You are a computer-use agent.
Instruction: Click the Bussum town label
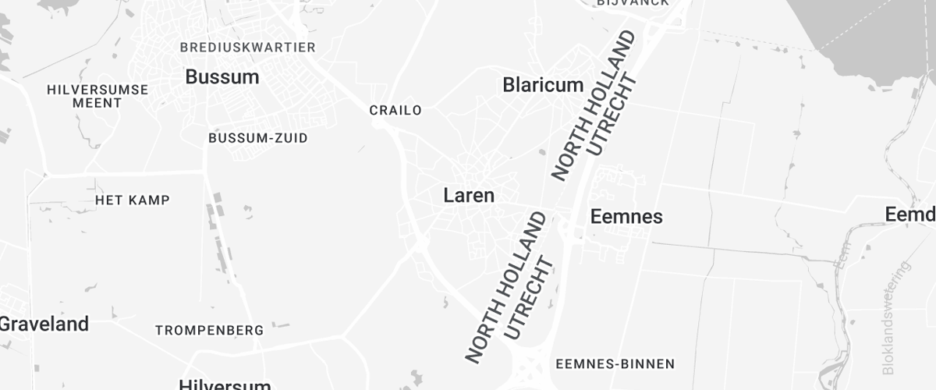(222, 76)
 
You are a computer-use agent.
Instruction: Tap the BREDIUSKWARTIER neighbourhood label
(247, 48)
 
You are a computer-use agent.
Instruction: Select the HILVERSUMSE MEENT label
(97, 96)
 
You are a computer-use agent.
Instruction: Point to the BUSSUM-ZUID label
(258, 138)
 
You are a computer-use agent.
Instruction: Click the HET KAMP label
(133, 200)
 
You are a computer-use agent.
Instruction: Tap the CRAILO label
(395, 110)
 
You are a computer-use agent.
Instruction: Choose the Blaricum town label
(543, 84)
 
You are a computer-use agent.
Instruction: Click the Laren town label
(469, 195)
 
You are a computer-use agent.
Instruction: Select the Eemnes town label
(627, 216)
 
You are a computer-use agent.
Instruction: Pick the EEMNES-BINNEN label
(615, 363)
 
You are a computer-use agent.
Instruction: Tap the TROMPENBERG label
(209, 331)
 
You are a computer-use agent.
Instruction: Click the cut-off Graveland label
(44, 323)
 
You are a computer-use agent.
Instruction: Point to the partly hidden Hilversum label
(225, 384)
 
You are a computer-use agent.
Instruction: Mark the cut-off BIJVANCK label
(633, 3)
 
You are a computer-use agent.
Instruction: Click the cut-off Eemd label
(910, 214)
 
